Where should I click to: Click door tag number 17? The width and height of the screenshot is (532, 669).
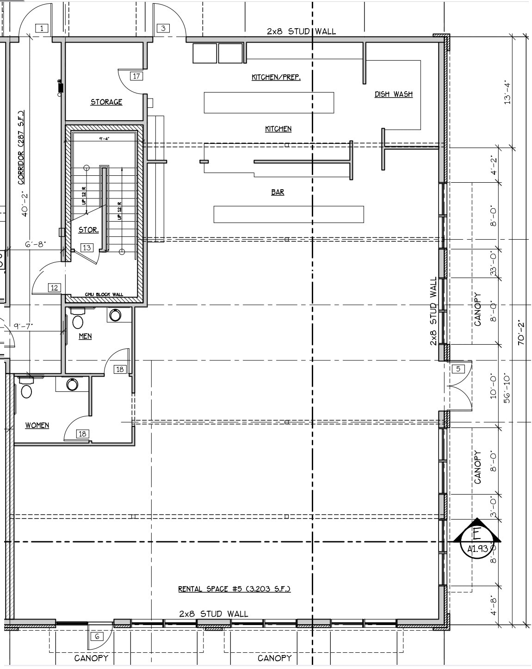click(136, 76)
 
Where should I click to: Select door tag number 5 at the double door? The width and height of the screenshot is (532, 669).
click(458, 369)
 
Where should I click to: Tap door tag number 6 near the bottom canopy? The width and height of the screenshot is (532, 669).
click(97, 636)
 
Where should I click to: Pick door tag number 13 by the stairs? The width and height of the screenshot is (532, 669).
click(87, 248)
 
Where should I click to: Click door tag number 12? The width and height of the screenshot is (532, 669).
click(55, 288)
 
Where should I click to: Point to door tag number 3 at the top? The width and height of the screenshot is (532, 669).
click(163, 28)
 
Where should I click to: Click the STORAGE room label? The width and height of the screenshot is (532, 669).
click(106, 102)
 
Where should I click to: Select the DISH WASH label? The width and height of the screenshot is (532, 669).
click(393, 94)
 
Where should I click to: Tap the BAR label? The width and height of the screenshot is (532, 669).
click(278, 192)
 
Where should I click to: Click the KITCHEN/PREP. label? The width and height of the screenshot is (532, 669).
click(276, 77)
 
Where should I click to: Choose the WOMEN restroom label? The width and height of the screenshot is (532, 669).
click(37, 425)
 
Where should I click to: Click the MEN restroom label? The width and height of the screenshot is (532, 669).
click(85, 336)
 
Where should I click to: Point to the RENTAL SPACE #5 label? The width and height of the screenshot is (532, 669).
click(234, 589)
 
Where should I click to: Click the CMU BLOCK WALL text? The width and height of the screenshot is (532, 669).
click(104, 295)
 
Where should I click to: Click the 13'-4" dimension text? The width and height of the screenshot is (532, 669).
click(507, 93)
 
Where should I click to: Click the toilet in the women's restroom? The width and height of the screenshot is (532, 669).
click(26, 391)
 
